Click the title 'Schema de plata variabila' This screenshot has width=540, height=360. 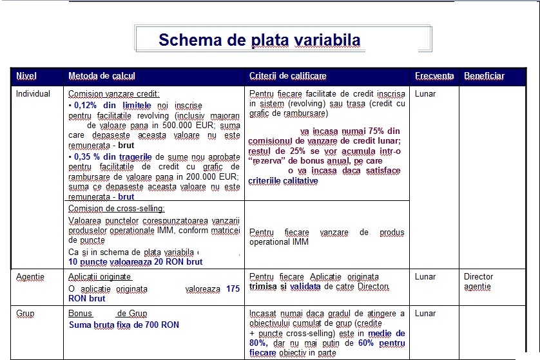click(259, 41)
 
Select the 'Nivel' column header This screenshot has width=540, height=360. click(26, 76)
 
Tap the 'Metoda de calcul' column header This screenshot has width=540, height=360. click(102, 76)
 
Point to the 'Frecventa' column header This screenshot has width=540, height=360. click(434, 76)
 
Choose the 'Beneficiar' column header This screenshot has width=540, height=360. click(484, 76)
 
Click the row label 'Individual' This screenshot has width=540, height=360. click(33, 94)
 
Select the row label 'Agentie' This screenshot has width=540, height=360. click(30, 277)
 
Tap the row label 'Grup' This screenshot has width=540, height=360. click(26, 314)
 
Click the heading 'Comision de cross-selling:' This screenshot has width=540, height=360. click(116, 208)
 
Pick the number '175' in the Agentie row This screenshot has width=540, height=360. click(233, 289)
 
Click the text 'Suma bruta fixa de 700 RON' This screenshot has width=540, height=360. click(124, 325)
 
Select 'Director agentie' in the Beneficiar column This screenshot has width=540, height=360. click(478, 281)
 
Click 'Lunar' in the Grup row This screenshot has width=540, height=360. click(425, 314)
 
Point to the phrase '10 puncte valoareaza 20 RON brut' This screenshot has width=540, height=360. click(135, 262)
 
